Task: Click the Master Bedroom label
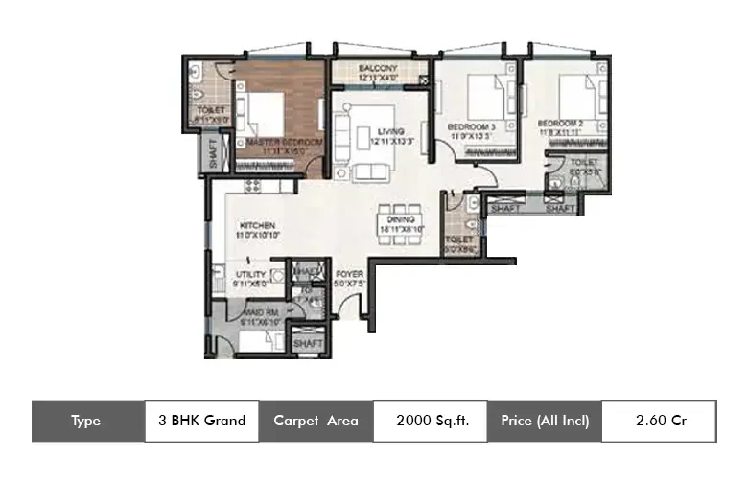285,142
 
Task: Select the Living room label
389,131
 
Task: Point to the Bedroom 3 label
473,124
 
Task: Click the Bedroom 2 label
560,124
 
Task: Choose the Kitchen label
257,226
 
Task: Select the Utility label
251,275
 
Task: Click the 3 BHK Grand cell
201,421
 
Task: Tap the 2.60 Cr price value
661,421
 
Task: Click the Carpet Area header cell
316,421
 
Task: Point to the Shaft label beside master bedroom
213,154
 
